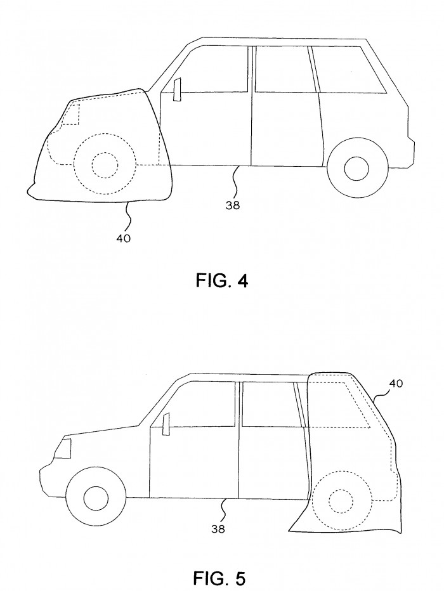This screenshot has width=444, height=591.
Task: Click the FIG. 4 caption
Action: [222, 280]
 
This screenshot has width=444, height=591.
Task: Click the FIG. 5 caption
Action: [219, 577]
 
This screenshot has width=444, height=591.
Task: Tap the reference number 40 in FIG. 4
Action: [123, 238]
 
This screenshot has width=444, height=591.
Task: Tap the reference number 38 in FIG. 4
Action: [233, 205]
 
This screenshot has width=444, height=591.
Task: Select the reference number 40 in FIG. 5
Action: [396, 383]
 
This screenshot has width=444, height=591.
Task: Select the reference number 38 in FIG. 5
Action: [218, 529]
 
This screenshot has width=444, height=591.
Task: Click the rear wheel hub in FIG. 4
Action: [356, 168]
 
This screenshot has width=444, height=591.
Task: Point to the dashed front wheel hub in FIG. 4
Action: [105, 165]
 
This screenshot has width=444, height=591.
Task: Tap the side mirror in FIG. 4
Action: [177, 89]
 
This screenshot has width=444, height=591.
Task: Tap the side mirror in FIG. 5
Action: [166, 424]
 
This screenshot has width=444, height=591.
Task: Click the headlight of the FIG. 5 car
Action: [63, 448]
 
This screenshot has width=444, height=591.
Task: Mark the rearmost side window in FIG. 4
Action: [349, 70]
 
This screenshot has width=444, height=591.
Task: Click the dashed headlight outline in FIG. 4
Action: [71, 114]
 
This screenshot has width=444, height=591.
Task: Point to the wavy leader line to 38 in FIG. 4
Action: [235, 181]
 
